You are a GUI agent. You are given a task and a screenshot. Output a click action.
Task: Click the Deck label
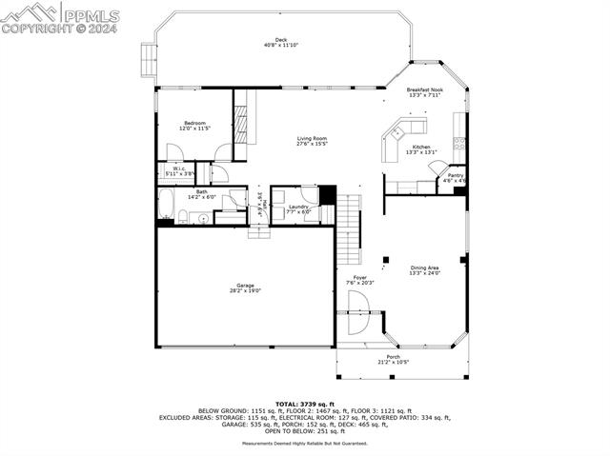click(281, 40)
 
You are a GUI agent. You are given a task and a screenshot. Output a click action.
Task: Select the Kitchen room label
click(421, 147)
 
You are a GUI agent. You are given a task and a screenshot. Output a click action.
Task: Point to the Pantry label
click(456, 174)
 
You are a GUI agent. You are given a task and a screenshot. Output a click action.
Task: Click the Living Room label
click(312, 139)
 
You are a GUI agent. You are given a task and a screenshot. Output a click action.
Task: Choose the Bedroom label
click(195, 123)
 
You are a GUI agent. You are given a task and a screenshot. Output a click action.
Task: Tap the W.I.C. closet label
click(179, 169)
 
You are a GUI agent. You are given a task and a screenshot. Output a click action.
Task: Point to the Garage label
click(245, 286)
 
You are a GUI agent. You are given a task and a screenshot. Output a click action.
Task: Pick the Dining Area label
click(425, 268)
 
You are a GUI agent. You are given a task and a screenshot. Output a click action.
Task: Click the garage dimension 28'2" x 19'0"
click(245, 291)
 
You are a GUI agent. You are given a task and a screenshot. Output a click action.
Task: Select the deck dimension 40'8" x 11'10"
click(281, 46)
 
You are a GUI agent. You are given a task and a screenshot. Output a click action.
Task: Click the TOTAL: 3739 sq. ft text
click(304, 404)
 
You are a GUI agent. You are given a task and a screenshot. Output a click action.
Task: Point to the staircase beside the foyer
click(352, 228)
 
